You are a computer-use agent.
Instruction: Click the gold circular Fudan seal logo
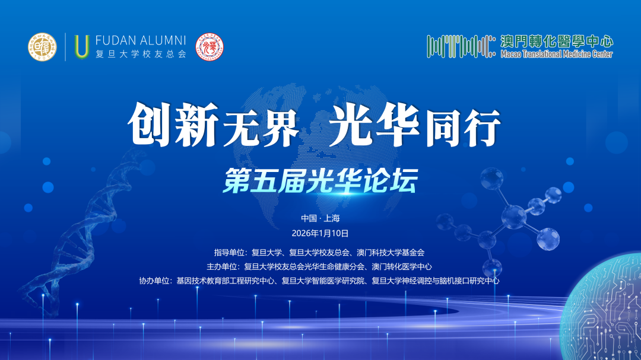[x=42, y=47]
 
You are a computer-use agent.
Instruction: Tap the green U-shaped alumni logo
[x=82, y=47]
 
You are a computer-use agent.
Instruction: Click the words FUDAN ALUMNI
[x=141, y=40]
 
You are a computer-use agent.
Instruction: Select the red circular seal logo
[x=210, y=47]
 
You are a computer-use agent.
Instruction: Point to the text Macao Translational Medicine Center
[x=557, y=54]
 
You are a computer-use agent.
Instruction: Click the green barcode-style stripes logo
[x=461, y=46]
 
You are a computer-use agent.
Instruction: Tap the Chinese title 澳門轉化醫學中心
[x=557, y=42]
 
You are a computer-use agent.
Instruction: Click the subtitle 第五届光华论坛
[x=320, y=181]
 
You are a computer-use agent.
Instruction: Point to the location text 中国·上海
[x=320, y=218]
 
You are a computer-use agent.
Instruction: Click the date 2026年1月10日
[x=320, y=233]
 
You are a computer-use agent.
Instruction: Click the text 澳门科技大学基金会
[x=391, y=253]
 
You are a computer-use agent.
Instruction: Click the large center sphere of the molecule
[x=514, y=216]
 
